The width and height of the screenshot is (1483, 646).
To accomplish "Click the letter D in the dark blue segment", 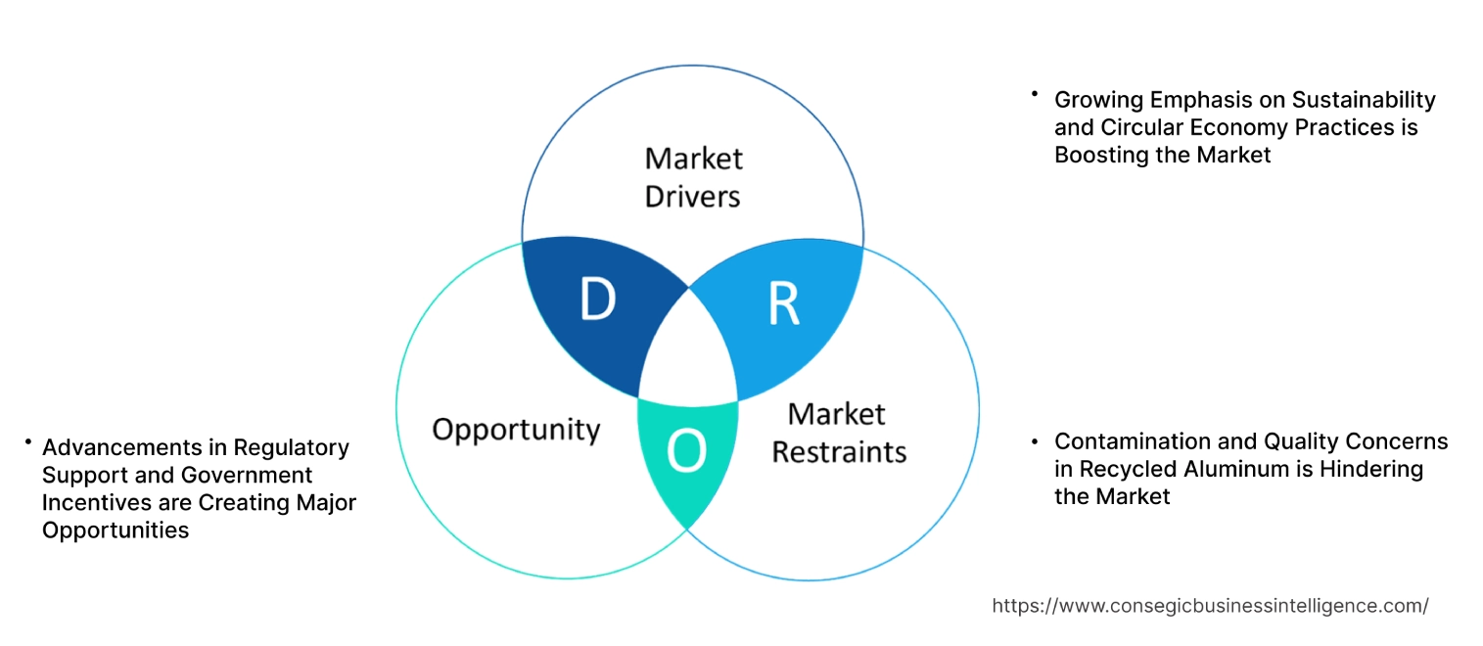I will pyautogui.click(x=597, y=300).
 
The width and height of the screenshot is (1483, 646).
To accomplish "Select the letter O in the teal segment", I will pyautogui.click(x=685, y=450).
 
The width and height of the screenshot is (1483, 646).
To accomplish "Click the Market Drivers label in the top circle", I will pyautogui.click(x=693, y=177).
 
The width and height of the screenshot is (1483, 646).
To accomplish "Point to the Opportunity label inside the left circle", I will pyautogui.click(x=516, y=429).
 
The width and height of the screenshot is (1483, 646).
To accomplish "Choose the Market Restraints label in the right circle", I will pyautogui.click(x=838, y=433).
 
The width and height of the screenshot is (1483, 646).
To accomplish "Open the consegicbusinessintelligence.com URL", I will pyautogui.click(x=1210, y=606).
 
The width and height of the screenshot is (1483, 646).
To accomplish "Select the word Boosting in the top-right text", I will pyautogui.click(x=1098, y=155).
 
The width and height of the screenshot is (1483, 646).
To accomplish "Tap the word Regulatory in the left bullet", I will pyautogui.click(x=292, y=447).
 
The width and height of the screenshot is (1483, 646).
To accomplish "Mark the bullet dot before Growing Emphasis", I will pyautogui.click(x=1034, y=94).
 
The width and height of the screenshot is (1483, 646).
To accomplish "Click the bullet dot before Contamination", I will pyautogui.click(x=1036, y=442).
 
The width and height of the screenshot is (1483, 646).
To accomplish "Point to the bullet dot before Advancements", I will pyautogui.click(x=29, y=443).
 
